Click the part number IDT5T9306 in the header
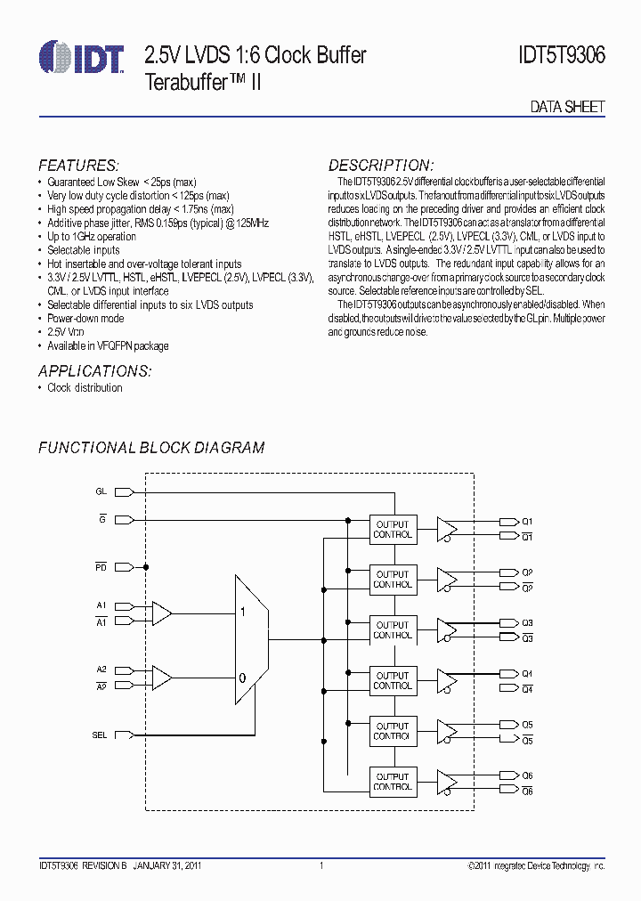[x=560, y=55]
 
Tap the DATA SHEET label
[x=567, y=106]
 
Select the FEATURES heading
[x=78, y=166]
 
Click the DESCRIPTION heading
[x=381, y=166]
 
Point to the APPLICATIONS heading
[x=94, y=371]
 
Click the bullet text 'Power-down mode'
[x=85, y=318]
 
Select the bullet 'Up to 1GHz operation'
[x=92, y=237]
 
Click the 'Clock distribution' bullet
[x=85, y=387]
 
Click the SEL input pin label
[x=100, y=735]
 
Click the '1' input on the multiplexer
[x=243, y=613]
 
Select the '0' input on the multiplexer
[x=242, y=678]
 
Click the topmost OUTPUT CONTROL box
[x=393, y=530]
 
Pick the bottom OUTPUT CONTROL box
[x=393, y=781]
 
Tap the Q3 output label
[x=527, y=622]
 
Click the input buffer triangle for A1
[x=162, y=613]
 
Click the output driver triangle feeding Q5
[x=448, y=730]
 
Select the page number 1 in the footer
[x=320, y=865]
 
